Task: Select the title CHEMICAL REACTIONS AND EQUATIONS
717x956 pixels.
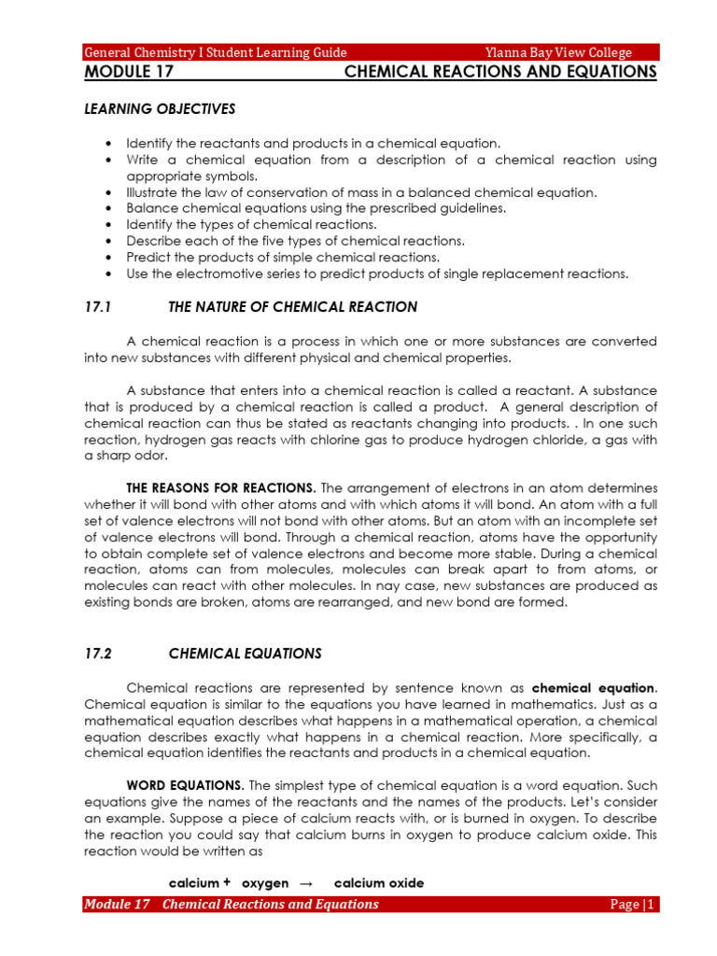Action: (x=500, y=72)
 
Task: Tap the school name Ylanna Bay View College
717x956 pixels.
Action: (x=558, y=52)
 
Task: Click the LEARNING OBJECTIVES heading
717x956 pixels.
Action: (x=160, y=109)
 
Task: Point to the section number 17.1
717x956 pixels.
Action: (x=98, y=307)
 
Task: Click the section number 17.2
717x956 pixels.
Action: (x=98, y=654)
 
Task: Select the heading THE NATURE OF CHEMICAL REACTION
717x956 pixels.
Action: (x=292, y=307)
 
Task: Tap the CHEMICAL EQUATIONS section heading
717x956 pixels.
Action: (x=245, y=654)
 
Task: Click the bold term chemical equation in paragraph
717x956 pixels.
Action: (x=594, y=687)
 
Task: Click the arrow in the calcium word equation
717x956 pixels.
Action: (x=304, y=883)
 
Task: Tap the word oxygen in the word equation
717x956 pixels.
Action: (x=265, y=883)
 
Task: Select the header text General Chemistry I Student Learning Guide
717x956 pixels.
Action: (x=216, y=52)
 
